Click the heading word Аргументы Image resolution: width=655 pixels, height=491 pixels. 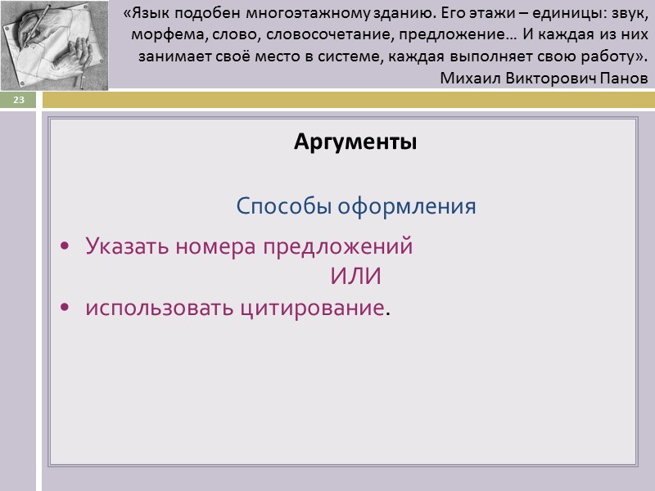[355, 142]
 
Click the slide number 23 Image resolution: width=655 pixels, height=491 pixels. [18, 100]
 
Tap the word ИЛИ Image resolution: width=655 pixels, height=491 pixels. [355, 277]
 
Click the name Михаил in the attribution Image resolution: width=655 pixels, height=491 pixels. [468, 79]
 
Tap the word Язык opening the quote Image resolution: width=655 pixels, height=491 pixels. [150, 16]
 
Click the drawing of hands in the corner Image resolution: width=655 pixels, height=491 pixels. [54, 44]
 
